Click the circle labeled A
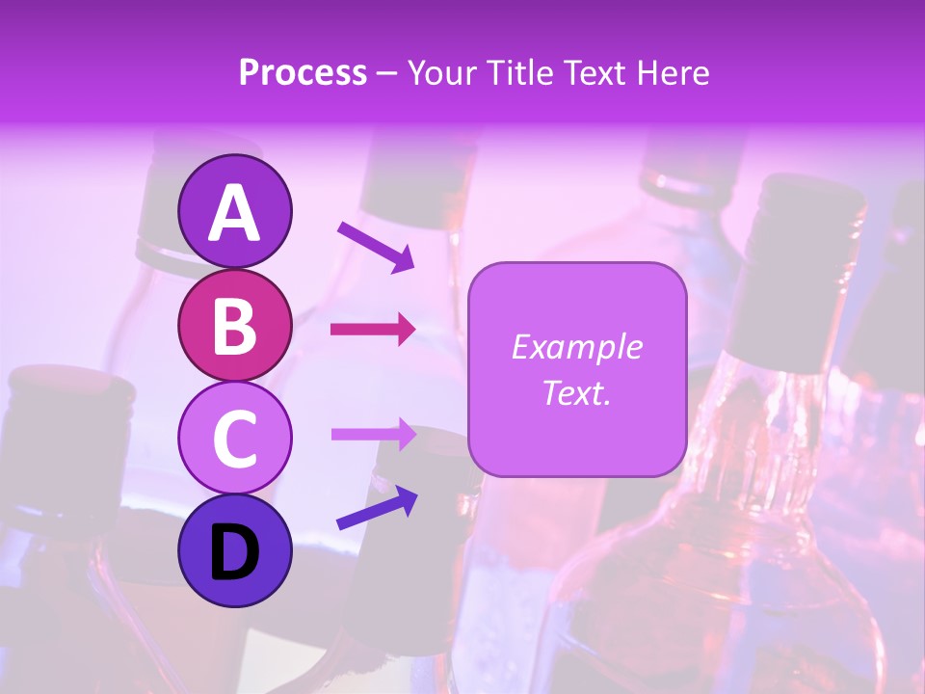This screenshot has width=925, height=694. pos(234,211)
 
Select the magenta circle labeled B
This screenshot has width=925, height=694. pos(234,325)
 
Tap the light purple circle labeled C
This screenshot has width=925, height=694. pos(234,438)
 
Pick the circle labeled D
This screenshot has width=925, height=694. pos(234,550)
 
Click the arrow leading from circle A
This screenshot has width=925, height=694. pos(376,247)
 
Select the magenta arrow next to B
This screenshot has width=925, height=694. pos(373,330)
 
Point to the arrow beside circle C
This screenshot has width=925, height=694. pos(373,434)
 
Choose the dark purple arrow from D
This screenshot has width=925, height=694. pos(377,509)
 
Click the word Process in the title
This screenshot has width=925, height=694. pos(303,72)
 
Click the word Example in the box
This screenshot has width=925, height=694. pos(577,347)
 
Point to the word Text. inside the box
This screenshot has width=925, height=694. pos(577,392)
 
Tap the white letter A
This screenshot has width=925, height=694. pos(234,213)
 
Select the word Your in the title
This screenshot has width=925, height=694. pos(441,72)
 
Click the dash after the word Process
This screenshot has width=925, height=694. pos(387,74)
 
